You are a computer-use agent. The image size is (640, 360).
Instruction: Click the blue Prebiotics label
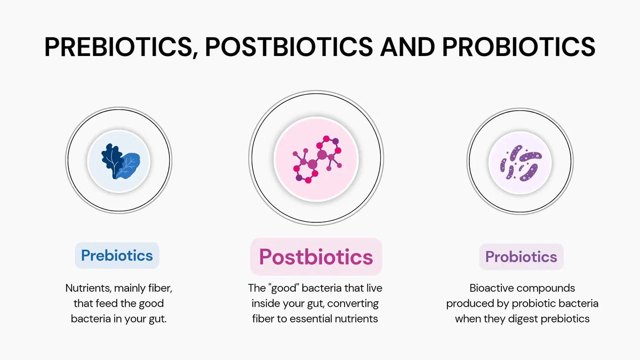tap(117, 255)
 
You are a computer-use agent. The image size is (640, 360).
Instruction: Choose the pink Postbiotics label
tap(316, 257)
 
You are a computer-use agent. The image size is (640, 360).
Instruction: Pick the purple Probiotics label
tap(521, 257)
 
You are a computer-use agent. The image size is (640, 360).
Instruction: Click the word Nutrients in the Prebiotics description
tap(87, 288)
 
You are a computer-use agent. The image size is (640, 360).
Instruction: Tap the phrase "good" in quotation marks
tap(284, 288)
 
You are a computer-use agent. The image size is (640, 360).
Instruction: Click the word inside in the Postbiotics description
tap(267, 303)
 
